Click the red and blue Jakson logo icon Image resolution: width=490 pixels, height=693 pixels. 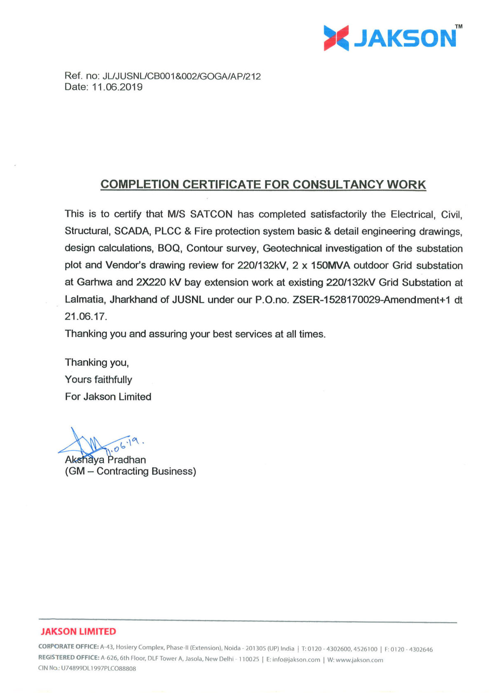point(336,38)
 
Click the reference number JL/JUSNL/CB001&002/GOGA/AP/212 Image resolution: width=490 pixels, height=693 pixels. point(181,76)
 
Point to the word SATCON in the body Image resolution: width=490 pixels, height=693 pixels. point(211,214)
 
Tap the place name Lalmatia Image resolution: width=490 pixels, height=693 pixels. point(84,300)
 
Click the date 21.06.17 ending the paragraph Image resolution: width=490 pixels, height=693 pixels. point(85,317)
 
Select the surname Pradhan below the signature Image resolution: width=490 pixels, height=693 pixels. point(127,460)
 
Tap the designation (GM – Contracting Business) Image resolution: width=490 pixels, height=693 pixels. point(130,471)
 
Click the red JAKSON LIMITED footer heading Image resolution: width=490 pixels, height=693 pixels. point(78,632)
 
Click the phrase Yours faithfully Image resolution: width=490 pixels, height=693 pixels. point(98,380)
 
